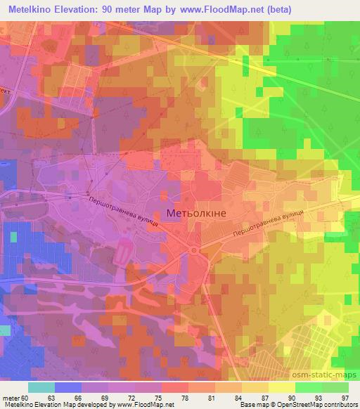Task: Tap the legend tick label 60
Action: (x=27, y=397)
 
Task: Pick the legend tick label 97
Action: (x=344, y=397)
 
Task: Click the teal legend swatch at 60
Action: (x=41, y=387)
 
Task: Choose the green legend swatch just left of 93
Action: (x=308, y=387)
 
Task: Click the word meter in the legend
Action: (x=11, y=397)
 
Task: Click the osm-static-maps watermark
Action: (x=331, y=374)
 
